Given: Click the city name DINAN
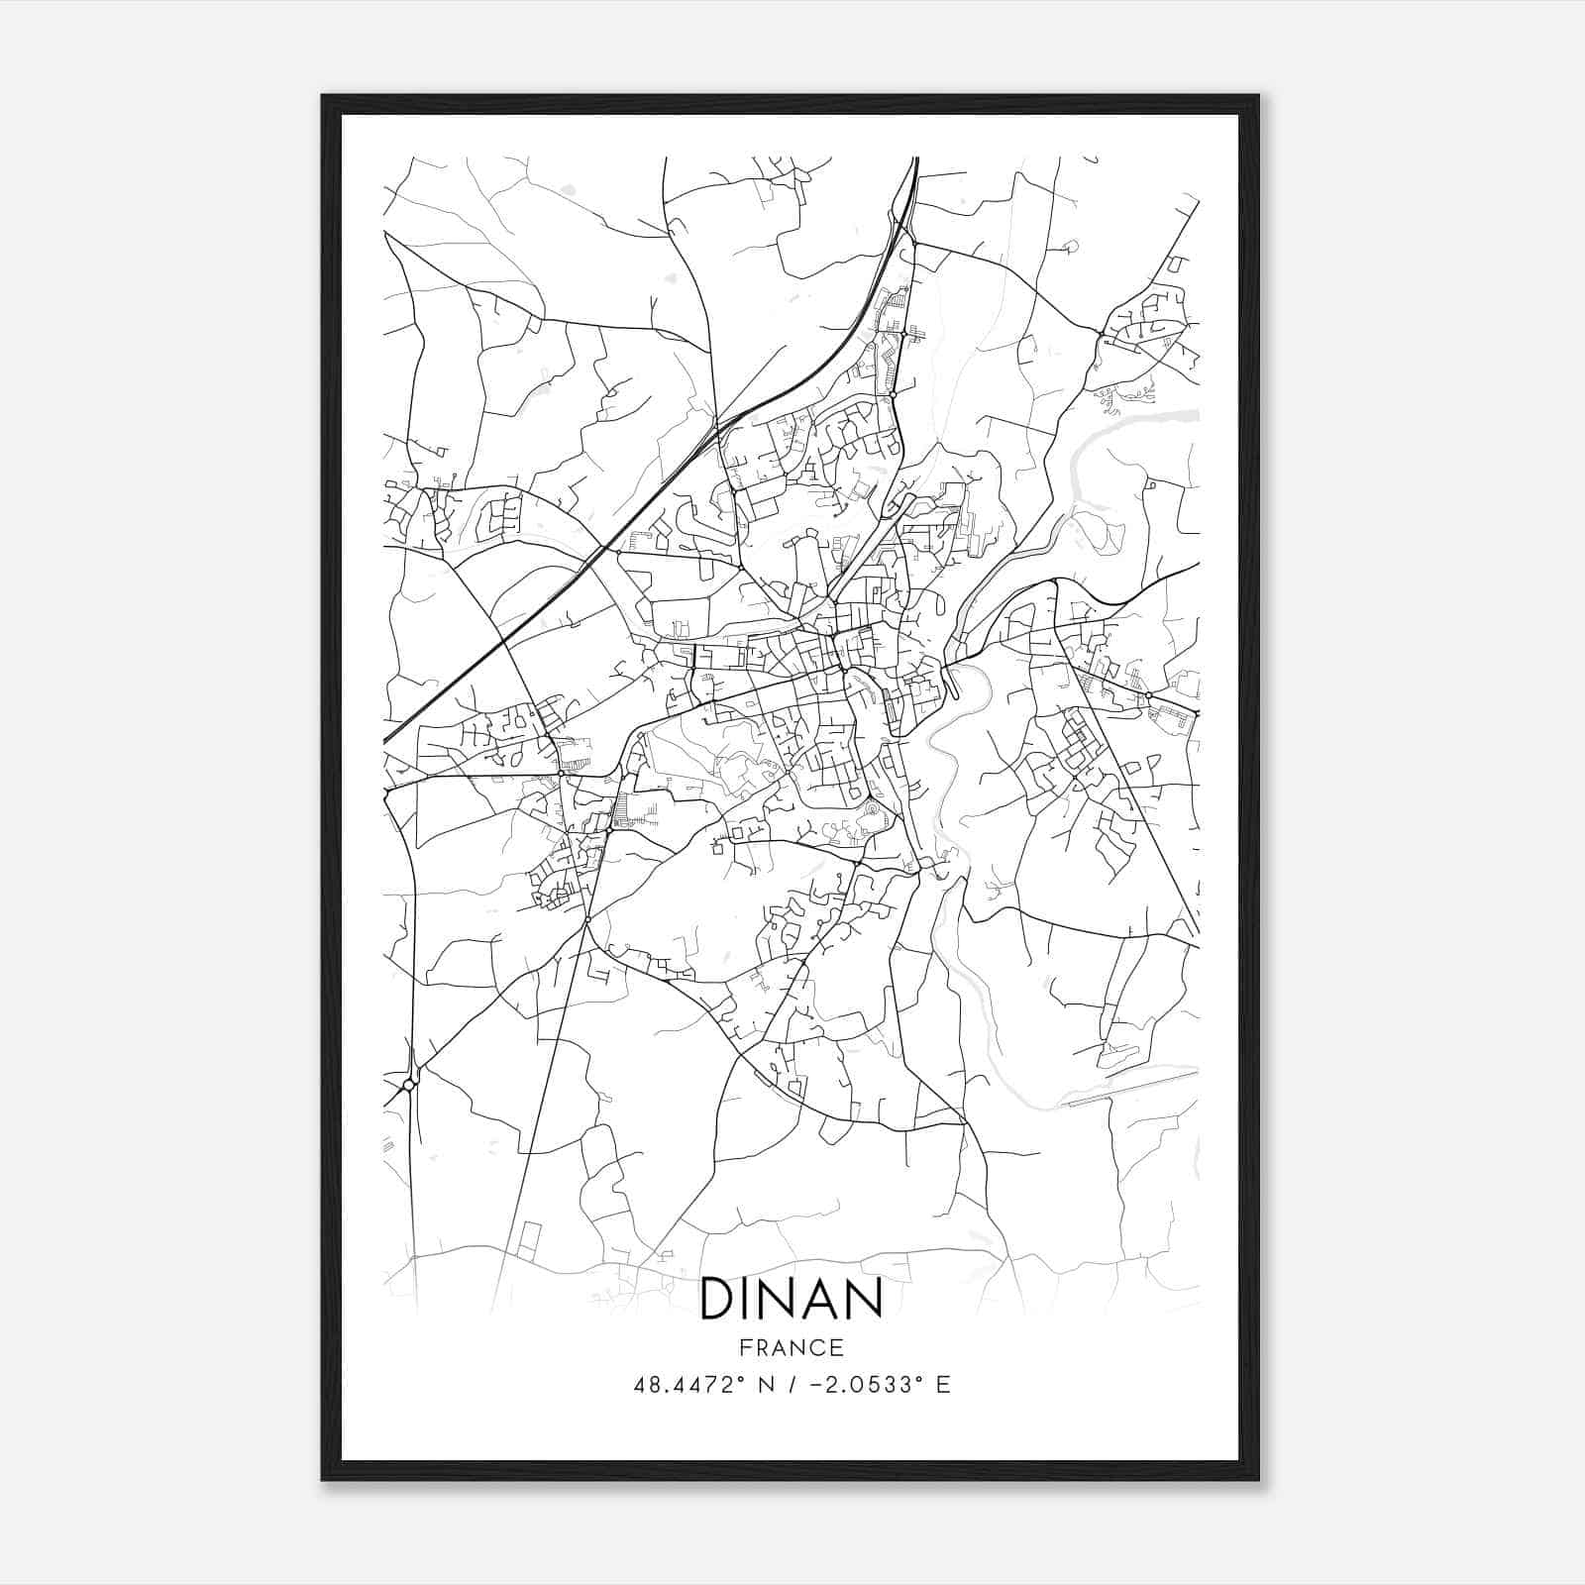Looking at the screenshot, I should click(791, 1300).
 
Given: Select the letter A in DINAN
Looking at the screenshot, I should click(825, 1300).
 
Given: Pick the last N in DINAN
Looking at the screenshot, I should click(866, 1300).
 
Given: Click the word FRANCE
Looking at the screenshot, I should click(792, 1348).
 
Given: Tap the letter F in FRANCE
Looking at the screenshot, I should click(743, 1348).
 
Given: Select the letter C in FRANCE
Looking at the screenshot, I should click(819, 1348).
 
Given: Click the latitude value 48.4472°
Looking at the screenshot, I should click(687, 1385).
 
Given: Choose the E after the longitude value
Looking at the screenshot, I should click(943, 1385).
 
